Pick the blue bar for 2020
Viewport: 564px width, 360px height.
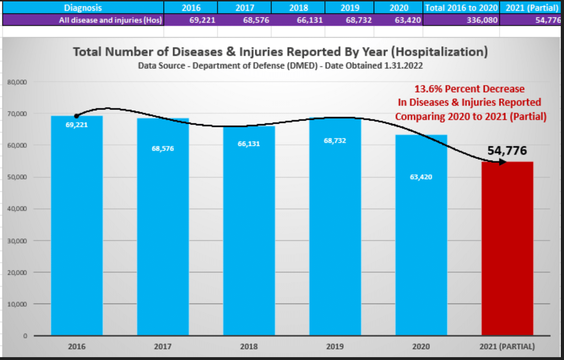click(x=421, y=235)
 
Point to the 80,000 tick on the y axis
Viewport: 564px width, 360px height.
click(x=17, y=82)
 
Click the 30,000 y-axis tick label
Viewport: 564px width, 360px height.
click(x=17, y=241)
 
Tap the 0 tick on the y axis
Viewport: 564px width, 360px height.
click(x=25, y=336)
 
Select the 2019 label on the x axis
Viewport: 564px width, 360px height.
click(x=335, y=346)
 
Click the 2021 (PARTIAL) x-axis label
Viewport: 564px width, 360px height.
click(x=507, y=346)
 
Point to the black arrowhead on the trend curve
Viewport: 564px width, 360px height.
click(x=502, y=162)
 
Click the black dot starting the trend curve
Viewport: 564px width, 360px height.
click(x=76, y=116)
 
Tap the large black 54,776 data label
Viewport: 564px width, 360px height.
click(x=507, y=150)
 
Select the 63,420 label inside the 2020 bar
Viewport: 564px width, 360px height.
click(x=421, y=177)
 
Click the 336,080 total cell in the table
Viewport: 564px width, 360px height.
click(x=482, y=20)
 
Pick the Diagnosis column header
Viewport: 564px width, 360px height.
click(x=83, y=8)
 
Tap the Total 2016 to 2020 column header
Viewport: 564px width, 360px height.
click(x=461, y=8)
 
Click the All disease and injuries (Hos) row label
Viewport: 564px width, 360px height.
click(x=110, y=20)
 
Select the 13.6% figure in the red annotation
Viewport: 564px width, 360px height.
click(x=428, y=89)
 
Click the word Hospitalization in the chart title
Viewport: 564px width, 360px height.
click(x=440, y=52)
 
